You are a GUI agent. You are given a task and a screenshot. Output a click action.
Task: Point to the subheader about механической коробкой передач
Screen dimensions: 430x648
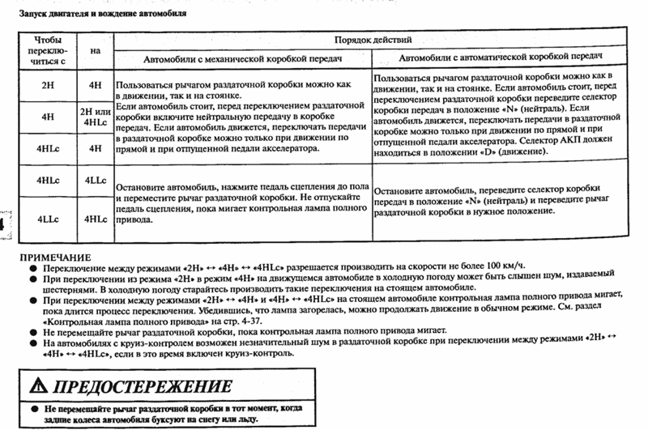click(x=243, y=60)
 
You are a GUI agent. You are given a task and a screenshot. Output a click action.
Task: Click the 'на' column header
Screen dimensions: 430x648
click(x=96, y=49)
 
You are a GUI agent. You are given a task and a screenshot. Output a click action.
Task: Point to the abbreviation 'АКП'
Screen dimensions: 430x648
click(x=560, y=138)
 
